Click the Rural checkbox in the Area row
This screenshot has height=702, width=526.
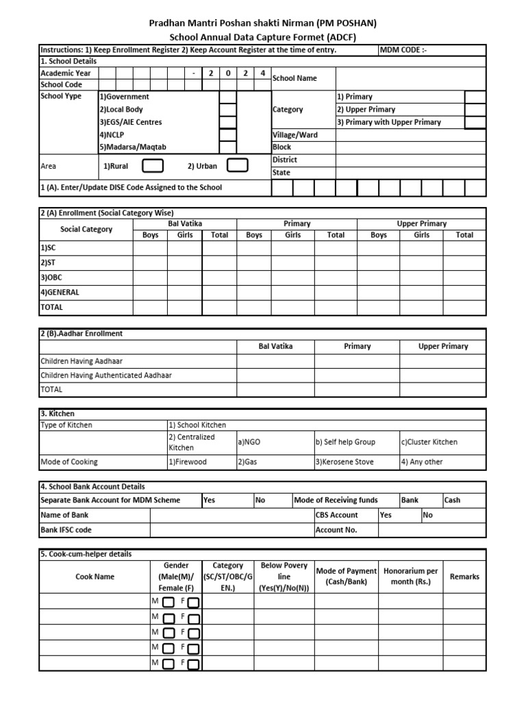152,166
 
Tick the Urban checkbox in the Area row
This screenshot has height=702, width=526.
237,166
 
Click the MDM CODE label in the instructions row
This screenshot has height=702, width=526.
403,50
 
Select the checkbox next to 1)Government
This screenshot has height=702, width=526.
227,97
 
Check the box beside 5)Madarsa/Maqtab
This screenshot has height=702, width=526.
227,147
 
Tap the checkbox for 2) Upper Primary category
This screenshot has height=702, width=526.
475,110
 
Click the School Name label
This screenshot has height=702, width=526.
295,78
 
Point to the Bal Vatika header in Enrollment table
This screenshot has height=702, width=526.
185,223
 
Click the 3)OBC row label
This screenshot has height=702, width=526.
52,277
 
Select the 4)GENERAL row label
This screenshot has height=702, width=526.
60,292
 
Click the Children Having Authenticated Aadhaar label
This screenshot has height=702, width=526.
106,375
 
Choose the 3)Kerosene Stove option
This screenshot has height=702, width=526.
345,462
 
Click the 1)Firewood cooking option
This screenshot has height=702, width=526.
188,462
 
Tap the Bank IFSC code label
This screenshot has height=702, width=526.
66,530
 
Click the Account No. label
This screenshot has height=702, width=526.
336,530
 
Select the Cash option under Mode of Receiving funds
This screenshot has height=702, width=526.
453,500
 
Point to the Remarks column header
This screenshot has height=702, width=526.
464,577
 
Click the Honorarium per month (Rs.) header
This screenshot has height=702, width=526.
410,577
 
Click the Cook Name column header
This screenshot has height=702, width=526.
95,577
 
